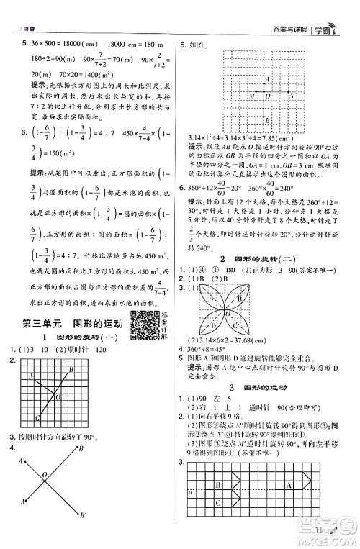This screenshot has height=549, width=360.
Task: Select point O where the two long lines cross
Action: [45, 475]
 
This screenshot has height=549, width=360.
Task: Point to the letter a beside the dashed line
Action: [189, 512]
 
